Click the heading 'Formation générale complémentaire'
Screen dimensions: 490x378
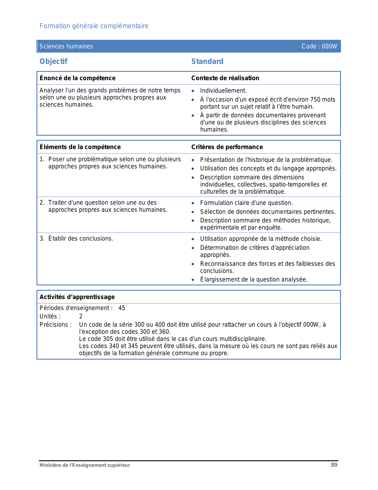tap(94, 26)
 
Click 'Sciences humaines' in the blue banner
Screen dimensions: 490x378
tap(66, 46)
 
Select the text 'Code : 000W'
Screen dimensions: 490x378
tap(319, 46)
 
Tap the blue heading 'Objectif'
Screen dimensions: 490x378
tap(54, 61)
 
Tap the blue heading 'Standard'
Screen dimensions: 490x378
tap(207, 61)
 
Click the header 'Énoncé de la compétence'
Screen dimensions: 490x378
tap(77, 78)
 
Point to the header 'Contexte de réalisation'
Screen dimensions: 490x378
tap(225, 78)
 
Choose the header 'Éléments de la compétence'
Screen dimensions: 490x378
tap(80, 147)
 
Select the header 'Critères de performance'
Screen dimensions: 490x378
tap(227, 147)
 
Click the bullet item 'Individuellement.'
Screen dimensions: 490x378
tap(223, 91)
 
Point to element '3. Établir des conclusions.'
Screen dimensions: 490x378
tap(76, 238)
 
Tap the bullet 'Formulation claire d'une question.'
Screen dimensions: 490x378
tap(246, 203)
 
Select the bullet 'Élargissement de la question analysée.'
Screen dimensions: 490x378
tap(254, 279)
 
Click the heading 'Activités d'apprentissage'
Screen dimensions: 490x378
tap(77, 297)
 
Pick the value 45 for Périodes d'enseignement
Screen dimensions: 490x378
tap(122, 308)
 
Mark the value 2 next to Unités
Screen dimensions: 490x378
tap(81, 316)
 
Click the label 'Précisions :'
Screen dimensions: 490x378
tap(56, 325)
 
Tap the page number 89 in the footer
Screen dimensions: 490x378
tap(334, 465)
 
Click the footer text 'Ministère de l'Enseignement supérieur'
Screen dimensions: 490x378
tap(85, 465)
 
